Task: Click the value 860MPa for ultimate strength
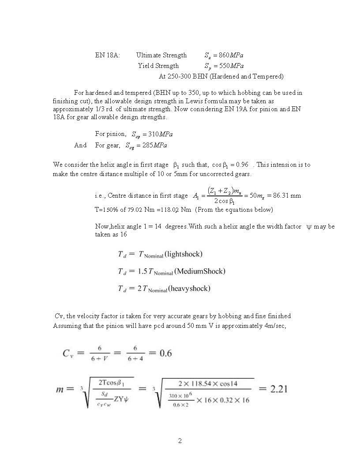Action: pyautogui.click(x=231, y=55)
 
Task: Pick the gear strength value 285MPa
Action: pyautogui.click(x=155, y=145)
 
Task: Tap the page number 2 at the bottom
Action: pyautogui.click(x=180, y=440)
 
